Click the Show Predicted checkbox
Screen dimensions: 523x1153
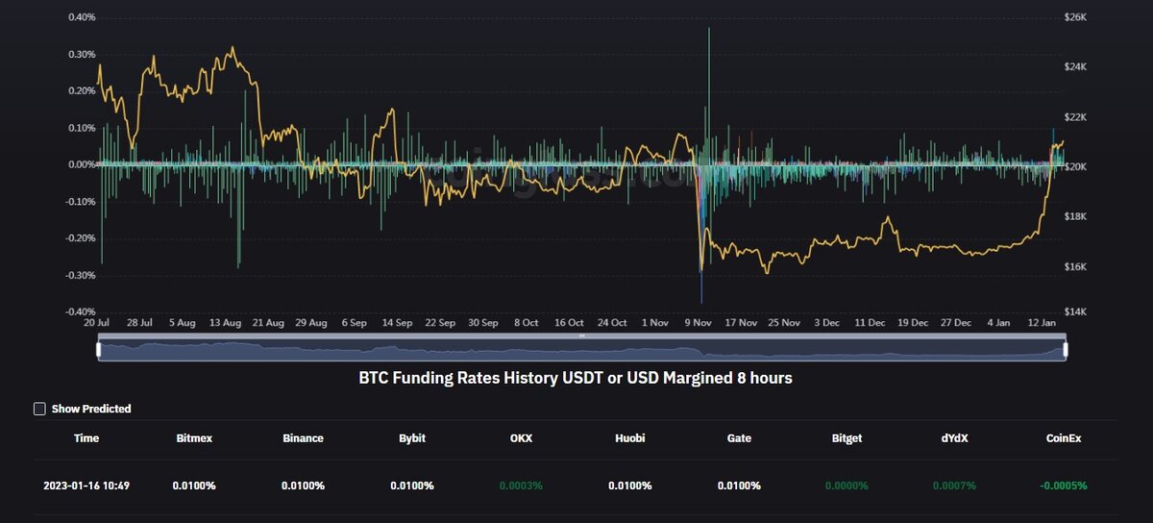(39, 409)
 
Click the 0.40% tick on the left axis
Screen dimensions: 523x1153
(82, 17)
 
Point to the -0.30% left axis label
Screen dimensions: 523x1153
(81, 275)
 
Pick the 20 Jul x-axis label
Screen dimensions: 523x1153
(96, 323)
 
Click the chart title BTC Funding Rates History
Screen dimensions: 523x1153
(576, 379)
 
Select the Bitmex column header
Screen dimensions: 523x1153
(195, 438)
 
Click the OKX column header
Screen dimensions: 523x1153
(521, 438)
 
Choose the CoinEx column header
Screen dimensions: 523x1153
(1064, 438)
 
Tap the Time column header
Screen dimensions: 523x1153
(86, 438)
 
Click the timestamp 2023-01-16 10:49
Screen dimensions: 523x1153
(86, 486)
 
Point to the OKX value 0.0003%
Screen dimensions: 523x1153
(521, 486)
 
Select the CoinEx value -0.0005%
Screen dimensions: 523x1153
(1063, 486)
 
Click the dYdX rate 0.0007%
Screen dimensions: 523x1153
(955, 486)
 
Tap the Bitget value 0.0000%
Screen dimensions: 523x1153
(846, 486)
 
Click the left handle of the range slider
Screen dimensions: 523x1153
(98, 350)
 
